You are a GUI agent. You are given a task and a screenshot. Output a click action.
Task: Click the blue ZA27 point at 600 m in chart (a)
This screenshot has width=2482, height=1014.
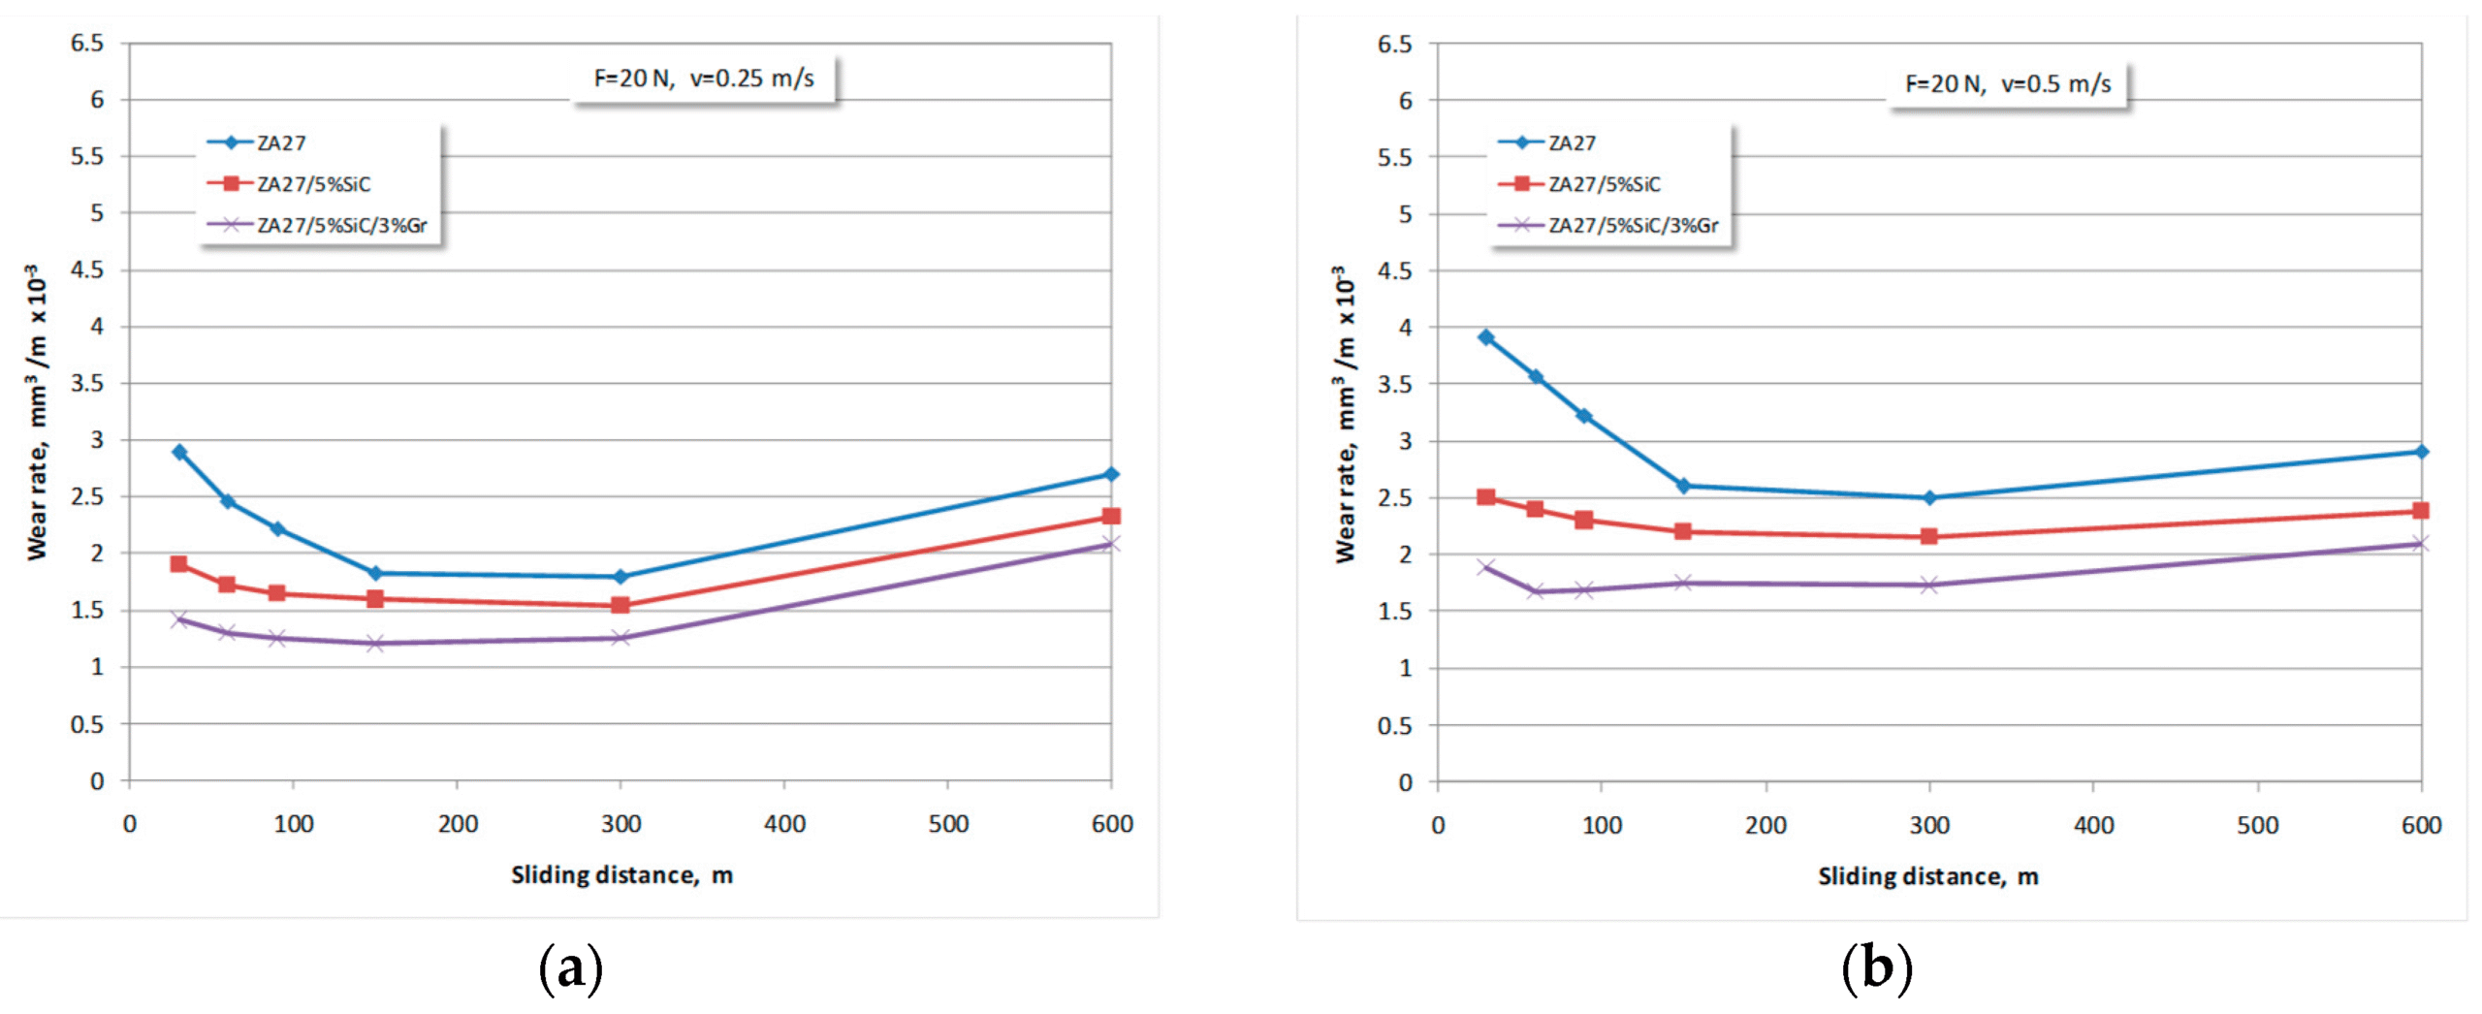point(1111,474)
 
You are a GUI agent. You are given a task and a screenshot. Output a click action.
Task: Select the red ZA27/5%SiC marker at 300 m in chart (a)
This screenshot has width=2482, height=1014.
point(620,605)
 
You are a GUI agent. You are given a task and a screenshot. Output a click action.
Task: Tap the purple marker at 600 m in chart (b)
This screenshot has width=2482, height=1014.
point(2421,543)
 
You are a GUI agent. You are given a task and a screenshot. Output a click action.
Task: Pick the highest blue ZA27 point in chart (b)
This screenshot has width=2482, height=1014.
point(1486,337)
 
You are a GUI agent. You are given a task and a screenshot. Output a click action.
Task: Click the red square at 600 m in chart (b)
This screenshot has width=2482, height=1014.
point(2421,510)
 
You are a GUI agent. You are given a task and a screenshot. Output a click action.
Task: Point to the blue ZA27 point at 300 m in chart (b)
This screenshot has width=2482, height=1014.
point(1929,497)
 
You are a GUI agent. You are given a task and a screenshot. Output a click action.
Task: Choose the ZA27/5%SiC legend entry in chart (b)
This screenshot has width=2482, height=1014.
point(1604,184)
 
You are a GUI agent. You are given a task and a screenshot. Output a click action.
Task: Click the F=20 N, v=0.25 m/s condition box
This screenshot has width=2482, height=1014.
point(704,79)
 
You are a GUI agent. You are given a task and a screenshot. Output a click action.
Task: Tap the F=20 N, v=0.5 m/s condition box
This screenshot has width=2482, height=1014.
point(2008,84)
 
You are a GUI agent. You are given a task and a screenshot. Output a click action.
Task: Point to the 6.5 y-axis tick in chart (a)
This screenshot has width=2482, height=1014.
point(87,43)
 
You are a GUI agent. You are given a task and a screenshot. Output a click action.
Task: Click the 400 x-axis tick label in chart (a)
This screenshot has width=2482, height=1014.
point(784,824)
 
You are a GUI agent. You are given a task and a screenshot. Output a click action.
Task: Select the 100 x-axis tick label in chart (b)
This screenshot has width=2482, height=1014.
point(1602,826)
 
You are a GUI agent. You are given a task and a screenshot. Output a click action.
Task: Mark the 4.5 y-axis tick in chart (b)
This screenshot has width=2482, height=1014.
point(1394,270)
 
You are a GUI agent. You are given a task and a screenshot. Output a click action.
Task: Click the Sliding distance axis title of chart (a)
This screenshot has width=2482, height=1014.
point(621,875)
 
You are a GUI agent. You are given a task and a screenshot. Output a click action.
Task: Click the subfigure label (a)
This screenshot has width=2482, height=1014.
point(570,968)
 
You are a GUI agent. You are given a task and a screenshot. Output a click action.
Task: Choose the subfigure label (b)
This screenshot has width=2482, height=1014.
point(1876,968)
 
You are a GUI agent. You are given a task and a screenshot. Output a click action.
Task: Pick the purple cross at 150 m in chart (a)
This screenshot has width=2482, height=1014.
point(375,643)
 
